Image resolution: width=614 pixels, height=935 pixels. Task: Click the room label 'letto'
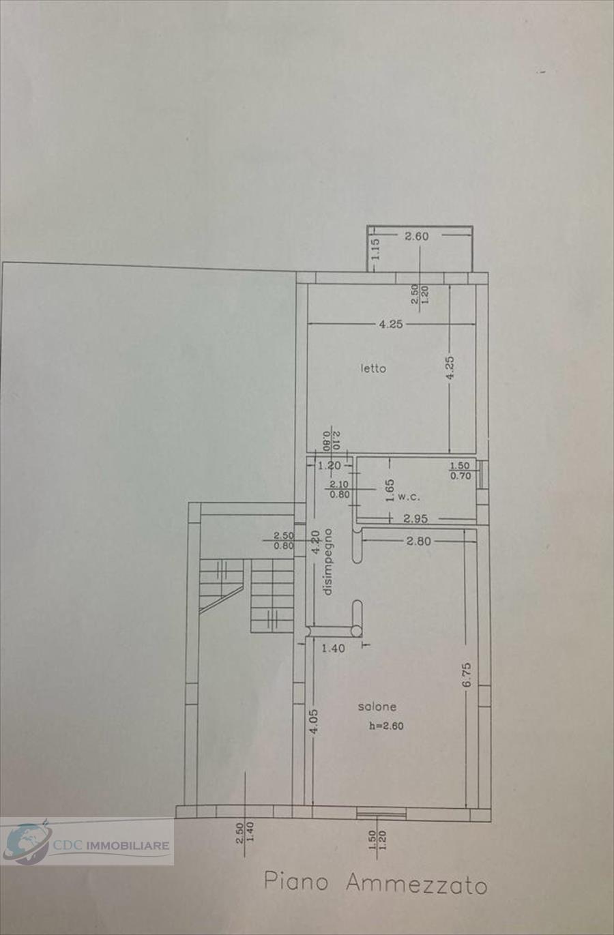[x=373, y=368]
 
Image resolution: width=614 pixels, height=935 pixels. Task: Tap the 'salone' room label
[x=377, y=707]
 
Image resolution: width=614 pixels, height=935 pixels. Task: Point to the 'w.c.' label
[x=409, y=496]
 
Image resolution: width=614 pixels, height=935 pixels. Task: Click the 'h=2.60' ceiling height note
[x=386, y=726]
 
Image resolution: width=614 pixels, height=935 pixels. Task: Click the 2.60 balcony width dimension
[x=416, y=236]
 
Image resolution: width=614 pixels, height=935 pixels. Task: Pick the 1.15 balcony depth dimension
[x=375, y=248]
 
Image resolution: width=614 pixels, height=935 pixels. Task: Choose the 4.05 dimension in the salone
[x=314, y=722]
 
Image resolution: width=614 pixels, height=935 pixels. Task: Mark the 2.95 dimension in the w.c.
[x=415, y=518]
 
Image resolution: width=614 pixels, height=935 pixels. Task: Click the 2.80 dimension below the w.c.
[x=418, y=541]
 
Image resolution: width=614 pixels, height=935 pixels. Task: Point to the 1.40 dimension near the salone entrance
[x=333, y=648]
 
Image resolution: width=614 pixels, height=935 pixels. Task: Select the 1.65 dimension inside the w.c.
[x=390, y=490]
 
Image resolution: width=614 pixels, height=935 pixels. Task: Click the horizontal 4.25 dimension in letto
[x=391, y=325]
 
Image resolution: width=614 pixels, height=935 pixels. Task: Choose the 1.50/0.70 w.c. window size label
[x=460, y=471]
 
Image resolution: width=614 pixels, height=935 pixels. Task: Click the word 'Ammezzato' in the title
[x=416, y=884]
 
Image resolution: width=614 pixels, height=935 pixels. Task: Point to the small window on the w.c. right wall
[x=483, y=474]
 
